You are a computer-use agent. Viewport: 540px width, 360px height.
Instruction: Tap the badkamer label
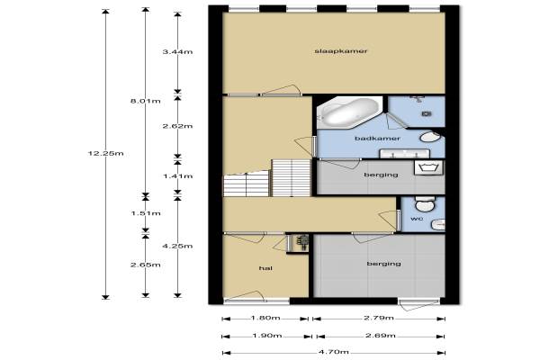tap(377, 139)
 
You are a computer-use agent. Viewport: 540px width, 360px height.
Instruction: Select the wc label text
tap(417, 219)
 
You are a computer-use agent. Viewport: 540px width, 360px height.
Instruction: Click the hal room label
tap(265, 268)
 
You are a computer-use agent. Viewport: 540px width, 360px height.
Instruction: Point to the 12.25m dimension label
tap(105, 154)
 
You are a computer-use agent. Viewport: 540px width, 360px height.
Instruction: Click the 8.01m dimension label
tap(145, 102)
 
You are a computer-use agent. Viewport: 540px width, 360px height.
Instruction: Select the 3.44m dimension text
tap(177, 52)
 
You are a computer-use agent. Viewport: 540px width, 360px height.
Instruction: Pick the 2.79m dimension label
tap(379, 318)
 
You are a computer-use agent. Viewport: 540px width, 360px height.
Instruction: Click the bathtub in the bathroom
tap(349, 112)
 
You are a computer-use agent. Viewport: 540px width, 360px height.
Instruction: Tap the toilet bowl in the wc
tap(425, 204)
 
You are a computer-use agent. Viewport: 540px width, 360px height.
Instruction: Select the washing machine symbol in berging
tap(428, 167)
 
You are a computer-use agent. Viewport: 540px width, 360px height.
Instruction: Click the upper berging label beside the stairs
tap(381, 175)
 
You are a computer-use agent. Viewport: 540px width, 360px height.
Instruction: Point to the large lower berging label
tap(383, 264)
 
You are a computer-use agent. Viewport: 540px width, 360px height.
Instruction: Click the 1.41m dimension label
tap(177, 176)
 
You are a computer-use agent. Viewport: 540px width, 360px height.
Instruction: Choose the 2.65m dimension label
tap(145, 265)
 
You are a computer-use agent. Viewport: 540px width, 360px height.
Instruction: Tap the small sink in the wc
tap(438, 224)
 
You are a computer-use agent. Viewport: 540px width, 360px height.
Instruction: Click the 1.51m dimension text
tap(145, 213)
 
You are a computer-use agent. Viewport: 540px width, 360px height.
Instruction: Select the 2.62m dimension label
tap(177, 126)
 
